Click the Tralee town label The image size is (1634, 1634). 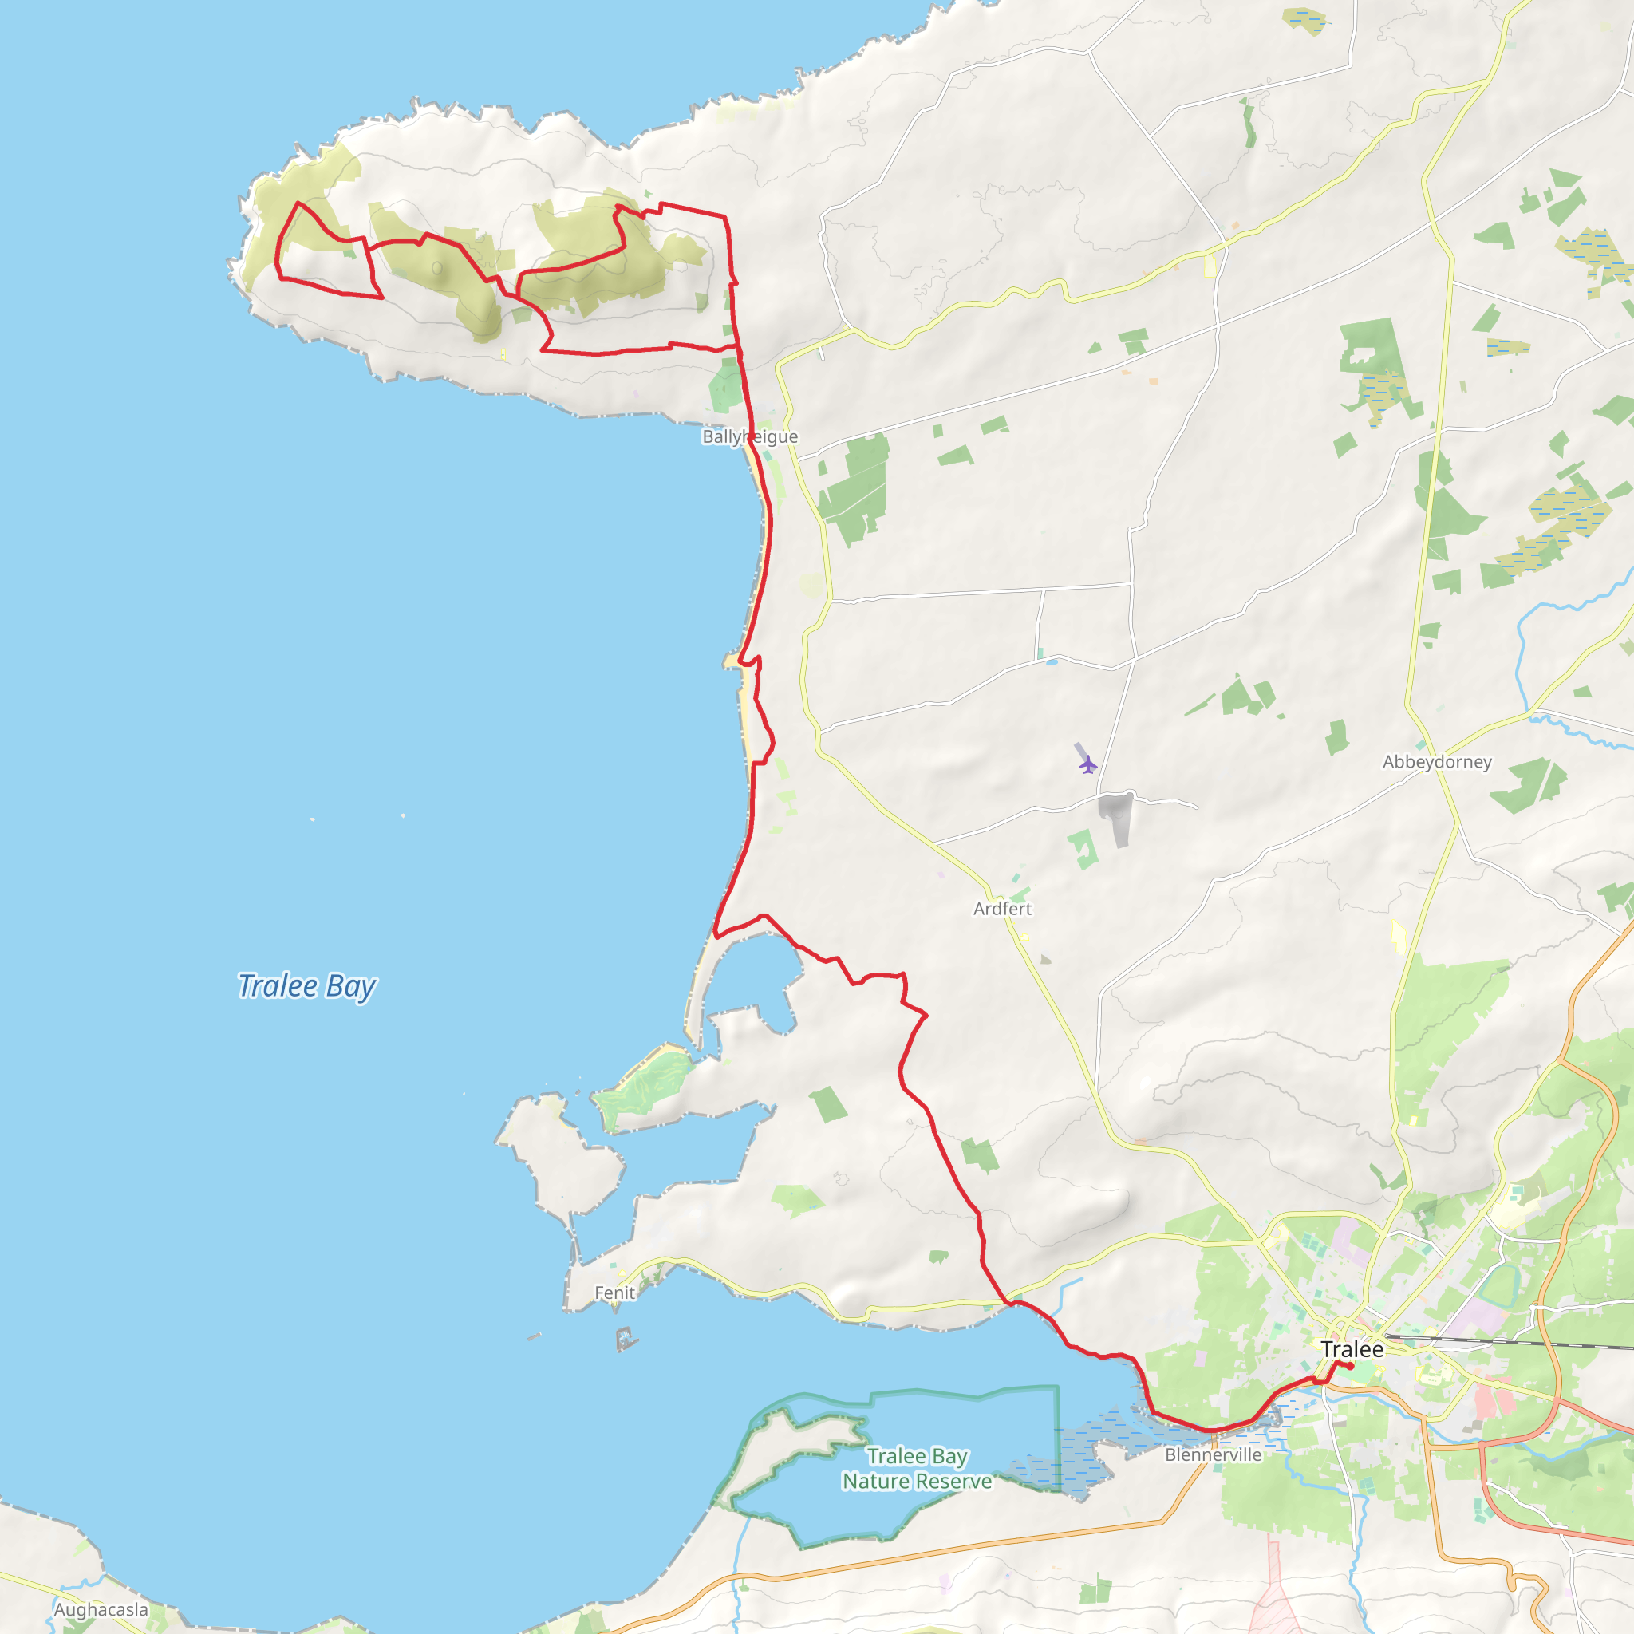(x=1352, y=1349)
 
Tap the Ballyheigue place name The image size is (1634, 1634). (x=749, y=436)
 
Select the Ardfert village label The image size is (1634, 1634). (x=1002, y=908)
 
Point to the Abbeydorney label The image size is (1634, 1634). (x=1437, y=761)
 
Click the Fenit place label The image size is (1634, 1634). (x=614, y=1293)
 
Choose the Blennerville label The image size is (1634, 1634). (x=1213, y=1454)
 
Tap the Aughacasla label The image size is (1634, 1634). (x=101, y=1608)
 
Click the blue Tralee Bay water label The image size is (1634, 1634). (x=306, y=985)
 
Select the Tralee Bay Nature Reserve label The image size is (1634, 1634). (x=917, y=1468)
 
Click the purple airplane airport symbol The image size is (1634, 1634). (x=1087, y=764)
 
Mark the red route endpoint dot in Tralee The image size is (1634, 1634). (x=1351, y=1366)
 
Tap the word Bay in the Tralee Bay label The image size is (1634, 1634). (x=351, y=986)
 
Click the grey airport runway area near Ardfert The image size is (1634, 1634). (x=1116, y=815)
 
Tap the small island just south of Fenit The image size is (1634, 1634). (x=626, y=1339)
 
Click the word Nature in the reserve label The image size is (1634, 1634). (x=875, y=1481)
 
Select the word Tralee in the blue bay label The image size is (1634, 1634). (x=277, y=985)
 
